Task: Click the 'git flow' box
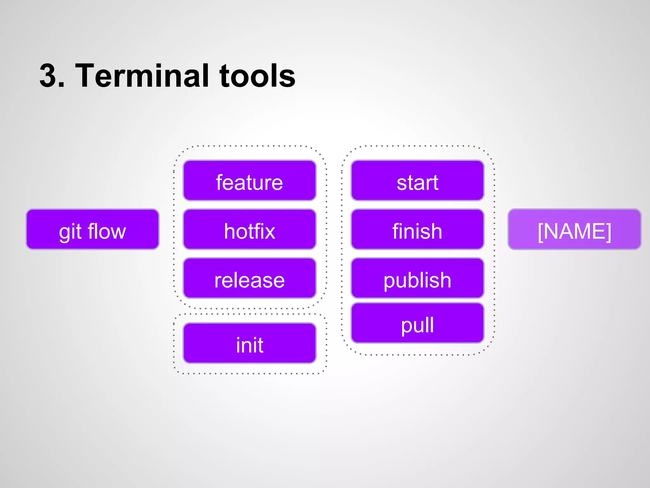point(92,229)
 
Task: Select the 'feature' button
point(249,180)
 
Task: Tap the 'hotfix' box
point(249,229)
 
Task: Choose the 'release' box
point(249,278)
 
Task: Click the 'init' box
point(249,343)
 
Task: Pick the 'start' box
point(417,180)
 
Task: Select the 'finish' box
point(417,229)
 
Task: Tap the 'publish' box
point(417,278)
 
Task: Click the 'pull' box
point(417,323)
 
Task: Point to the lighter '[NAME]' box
point(574,229)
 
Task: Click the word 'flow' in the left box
point(107,231)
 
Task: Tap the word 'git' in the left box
point(70,232)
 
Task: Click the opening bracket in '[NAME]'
point(540,231)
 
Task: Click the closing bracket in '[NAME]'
point(608,231)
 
